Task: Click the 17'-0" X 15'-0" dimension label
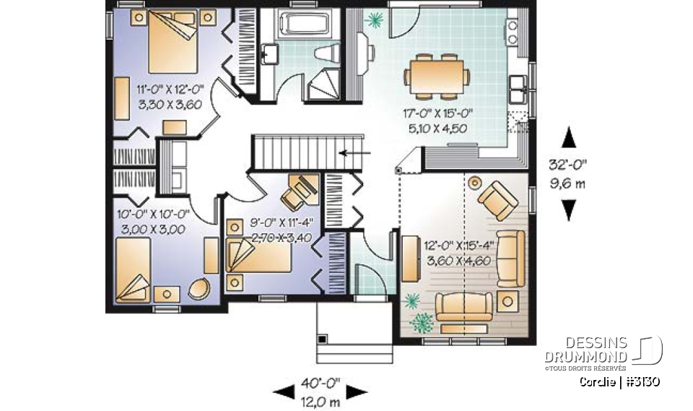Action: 435,121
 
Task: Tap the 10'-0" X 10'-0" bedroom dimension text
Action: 150,221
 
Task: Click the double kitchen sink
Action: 519,91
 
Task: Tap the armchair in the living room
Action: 496,199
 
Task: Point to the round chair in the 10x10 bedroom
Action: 199,290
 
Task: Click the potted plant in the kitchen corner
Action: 374,21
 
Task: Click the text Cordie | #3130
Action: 619,381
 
